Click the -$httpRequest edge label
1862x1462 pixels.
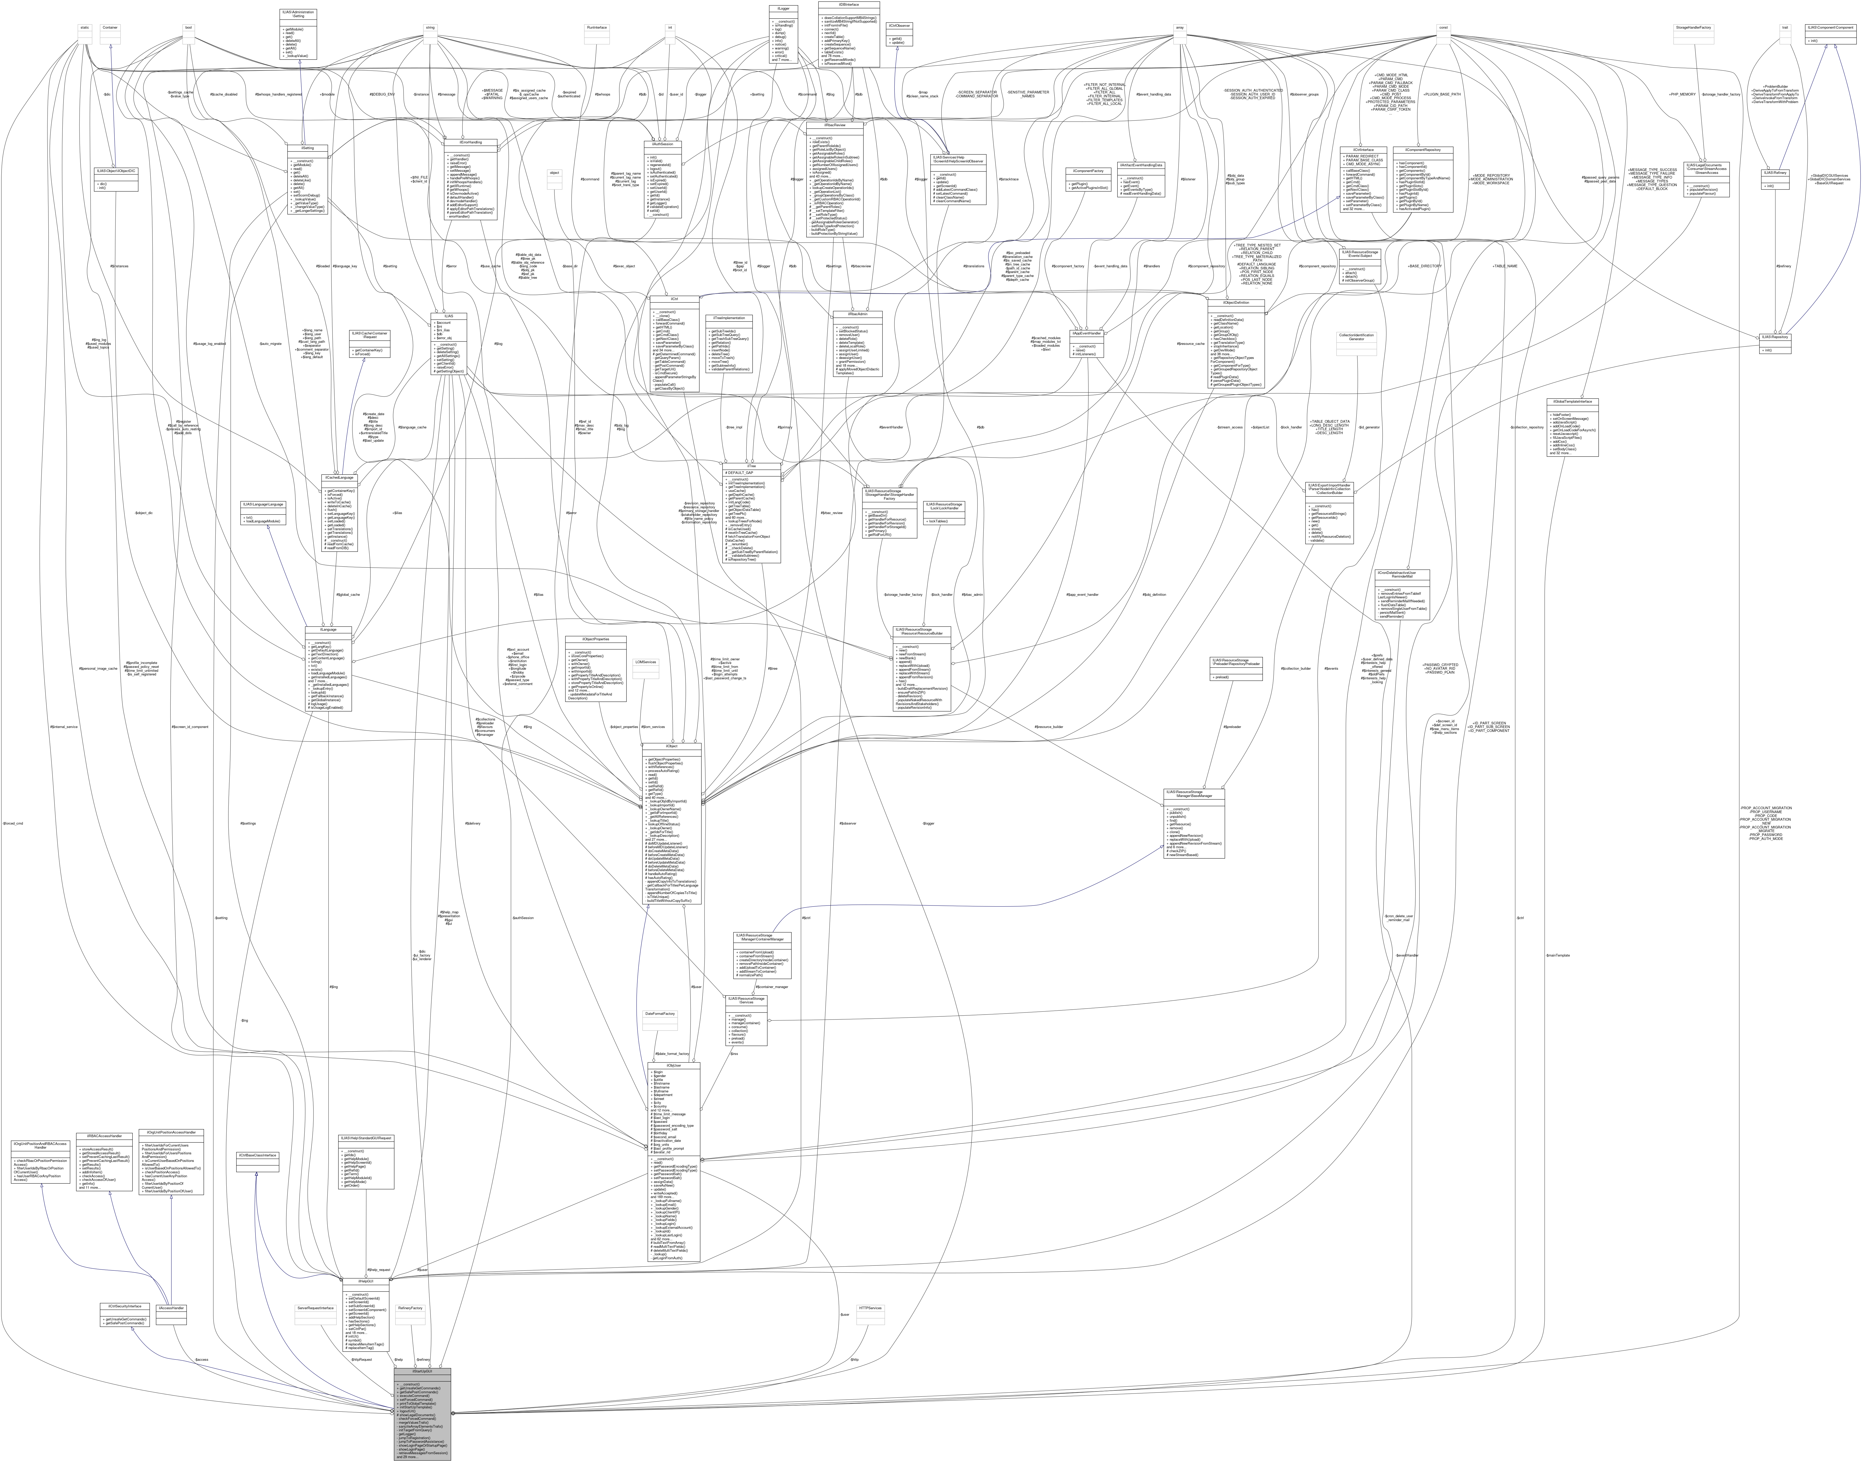362,1359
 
